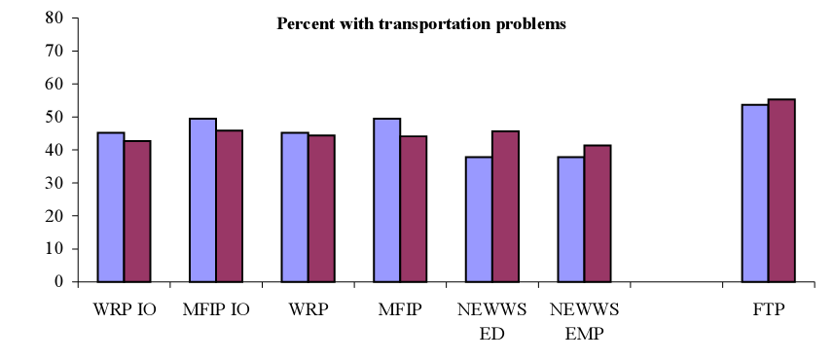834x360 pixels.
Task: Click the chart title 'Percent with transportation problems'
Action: click(x=420, y=24)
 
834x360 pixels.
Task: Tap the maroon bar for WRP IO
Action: click(x=137, y=211)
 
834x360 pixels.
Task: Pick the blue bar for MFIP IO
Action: click(x=202, y=200)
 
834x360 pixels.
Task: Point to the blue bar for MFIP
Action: click(x=386, y=200)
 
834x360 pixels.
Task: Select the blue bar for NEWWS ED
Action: click(x=479, y=219)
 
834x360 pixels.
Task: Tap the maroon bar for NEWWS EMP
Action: click(x=597, y=213)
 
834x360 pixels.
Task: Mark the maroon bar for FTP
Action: click(x=781, y=191)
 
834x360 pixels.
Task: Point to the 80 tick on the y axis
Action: click(x=54, y=18)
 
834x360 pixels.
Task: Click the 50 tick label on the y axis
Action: click(x=54, y=117)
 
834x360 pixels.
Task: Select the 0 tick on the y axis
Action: click(x=60, y=282)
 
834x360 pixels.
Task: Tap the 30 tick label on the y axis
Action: click(x=54, y=183)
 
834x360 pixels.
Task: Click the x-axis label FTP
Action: click(x=768, y=310)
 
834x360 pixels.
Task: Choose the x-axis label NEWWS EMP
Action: click(x=584, y=320)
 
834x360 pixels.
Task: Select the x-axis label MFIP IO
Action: click(x=216, y=310)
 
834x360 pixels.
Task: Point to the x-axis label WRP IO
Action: click(x=124, y=310)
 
